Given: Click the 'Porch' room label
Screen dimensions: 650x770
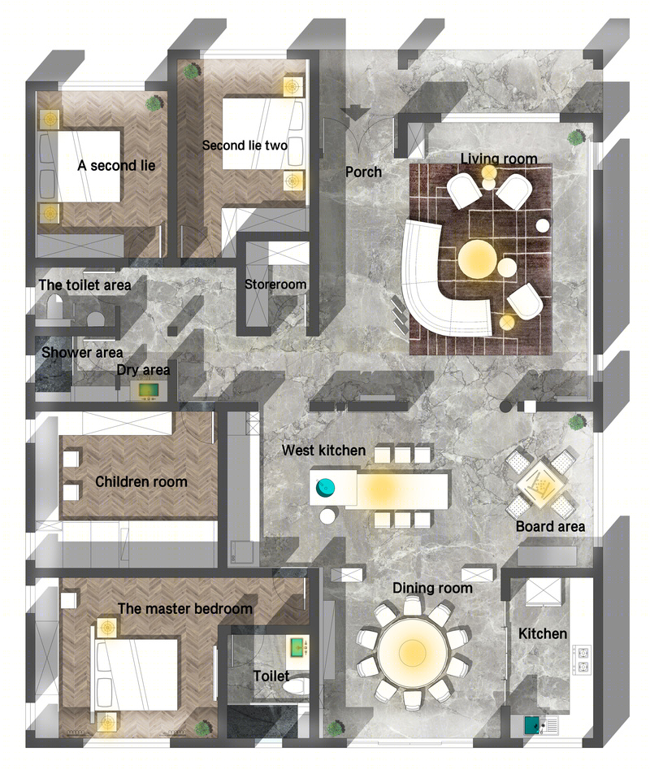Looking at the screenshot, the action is (363, 172).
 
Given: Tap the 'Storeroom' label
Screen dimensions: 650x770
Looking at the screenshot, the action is (275, 285).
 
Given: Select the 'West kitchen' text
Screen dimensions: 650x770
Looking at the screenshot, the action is (323, 450).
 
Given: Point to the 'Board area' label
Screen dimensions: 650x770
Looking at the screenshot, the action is (550, 526).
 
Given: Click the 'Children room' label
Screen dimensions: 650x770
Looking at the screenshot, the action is (141, 481).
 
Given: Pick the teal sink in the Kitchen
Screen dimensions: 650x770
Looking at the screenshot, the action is (531, 724).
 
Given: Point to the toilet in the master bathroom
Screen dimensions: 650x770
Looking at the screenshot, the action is (297, 686).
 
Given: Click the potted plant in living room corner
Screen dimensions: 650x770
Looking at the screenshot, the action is (576, 137).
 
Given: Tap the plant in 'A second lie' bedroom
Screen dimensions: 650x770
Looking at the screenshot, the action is (154, 103).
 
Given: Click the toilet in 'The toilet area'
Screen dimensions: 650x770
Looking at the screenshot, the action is (54, 307).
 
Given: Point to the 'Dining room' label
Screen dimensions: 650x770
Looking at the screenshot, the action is (432, 588).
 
